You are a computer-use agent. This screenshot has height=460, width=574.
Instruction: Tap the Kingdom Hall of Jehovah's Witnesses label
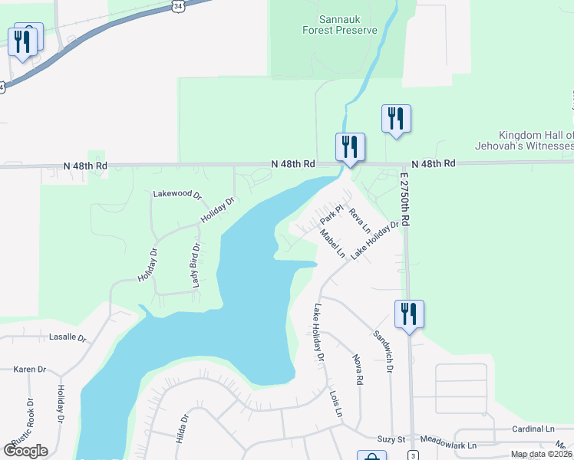tap(535, 140)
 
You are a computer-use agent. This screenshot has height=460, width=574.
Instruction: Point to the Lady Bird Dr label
tap(196, 267)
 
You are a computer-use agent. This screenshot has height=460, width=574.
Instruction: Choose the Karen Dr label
tap(30, 370)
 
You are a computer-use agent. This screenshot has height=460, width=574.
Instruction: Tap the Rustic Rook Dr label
tap(31, 420)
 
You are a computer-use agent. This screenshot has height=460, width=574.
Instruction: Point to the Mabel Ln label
tap(333, 244)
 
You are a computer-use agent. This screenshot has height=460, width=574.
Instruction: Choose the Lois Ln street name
tap(335, 404)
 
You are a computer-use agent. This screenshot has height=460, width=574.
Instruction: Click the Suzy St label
tap(391, 439)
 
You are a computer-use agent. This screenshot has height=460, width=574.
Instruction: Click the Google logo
tap(25, 451)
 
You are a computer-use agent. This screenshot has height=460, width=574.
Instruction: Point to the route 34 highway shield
tap(178, 5)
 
